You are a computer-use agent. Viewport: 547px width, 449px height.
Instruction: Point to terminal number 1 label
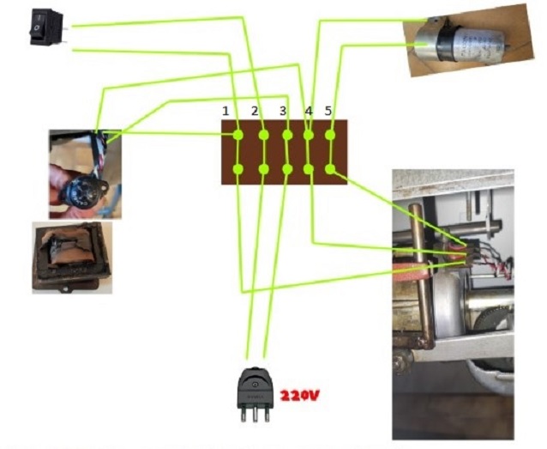click(x=225, y=112)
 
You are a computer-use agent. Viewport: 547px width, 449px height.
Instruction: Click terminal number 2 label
click(x=255, y=112)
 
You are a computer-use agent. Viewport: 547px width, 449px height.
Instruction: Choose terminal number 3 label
click(x=283, y=112)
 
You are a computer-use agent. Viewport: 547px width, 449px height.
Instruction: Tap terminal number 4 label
click(x=309, y=112)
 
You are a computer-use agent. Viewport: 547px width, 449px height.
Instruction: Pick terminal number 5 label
click(x=329, y=112)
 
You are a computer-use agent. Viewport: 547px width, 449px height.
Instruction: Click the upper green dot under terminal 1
click(x=238, y=135)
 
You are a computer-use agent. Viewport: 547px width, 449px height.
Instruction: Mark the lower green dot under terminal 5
click(x=331, y=169)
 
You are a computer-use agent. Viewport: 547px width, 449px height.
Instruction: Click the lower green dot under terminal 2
click(x=262, y=169)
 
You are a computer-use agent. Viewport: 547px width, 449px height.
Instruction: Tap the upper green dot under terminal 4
click(x=309, y=135)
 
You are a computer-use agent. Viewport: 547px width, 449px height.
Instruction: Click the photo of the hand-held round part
click(x=84, y=174)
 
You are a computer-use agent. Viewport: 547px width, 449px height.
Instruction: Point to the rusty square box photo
click(x=72, y=258)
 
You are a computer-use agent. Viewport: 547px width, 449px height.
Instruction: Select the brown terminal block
click(x=285, y=152)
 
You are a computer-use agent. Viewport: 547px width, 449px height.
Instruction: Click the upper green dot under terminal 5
click(x=331, y=135)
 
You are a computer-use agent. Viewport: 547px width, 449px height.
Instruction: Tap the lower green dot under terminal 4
click(x=309, y=169)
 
